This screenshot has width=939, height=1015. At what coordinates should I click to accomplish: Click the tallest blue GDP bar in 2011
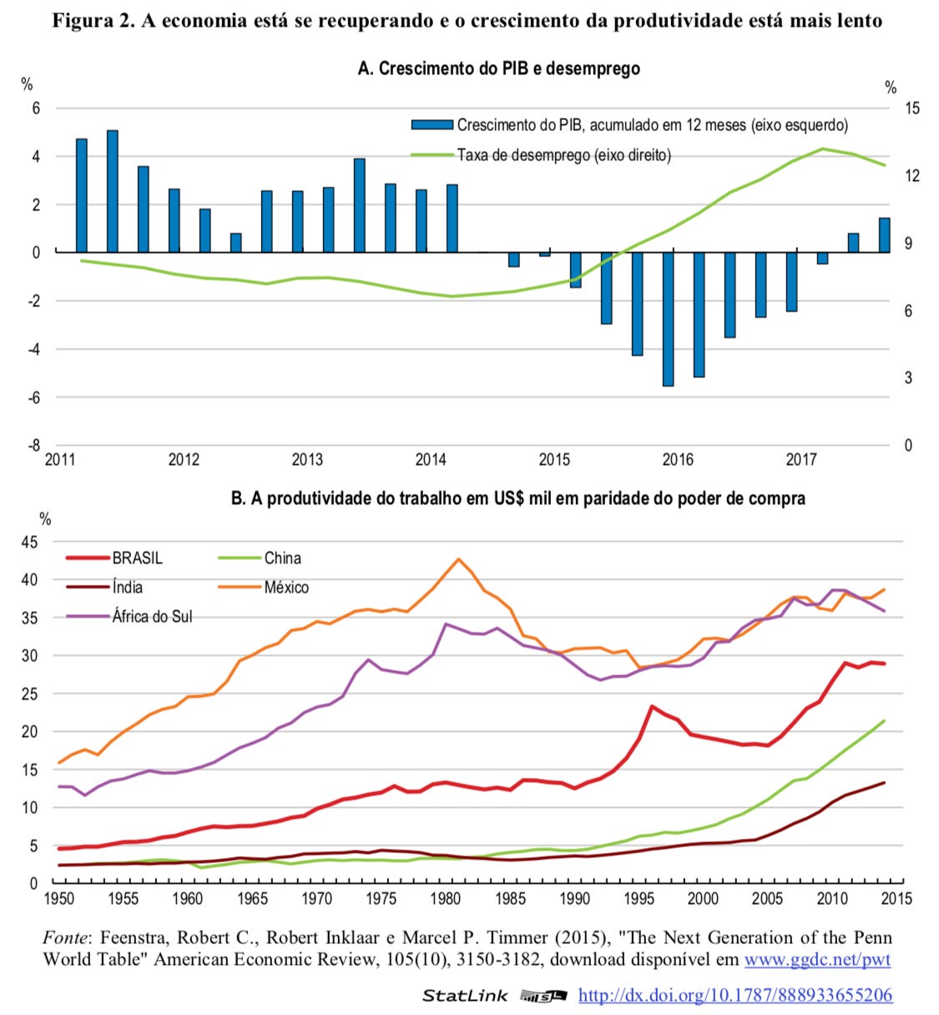(112, 191)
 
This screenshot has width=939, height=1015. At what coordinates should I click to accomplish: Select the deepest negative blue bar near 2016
(668, 319)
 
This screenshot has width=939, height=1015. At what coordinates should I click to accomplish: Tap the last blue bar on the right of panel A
(884, 235)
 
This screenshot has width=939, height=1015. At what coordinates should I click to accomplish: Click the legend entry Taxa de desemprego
(541, 155)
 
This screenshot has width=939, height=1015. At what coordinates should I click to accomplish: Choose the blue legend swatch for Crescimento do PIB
(432, 124)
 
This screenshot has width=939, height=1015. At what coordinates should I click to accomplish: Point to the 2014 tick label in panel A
(431, 460)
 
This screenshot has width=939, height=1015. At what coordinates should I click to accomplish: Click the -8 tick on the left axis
(33, 446)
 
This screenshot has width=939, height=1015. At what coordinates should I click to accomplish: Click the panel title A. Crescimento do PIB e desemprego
(498, 68)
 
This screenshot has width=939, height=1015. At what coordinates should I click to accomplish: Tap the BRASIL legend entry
(114, 558)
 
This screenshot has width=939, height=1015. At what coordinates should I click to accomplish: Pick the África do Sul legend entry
(129, 616)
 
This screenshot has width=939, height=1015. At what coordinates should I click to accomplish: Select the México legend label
(286, 588)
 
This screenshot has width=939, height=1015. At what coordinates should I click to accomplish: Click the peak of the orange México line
(458, 558)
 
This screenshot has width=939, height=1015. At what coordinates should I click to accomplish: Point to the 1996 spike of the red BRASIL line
(651, 706)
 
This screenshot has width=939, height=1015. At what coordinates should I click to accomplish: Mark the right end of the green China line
(884, 720)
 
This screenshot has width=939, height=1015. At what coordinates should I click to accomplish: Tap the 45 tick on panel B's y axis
(30, 542)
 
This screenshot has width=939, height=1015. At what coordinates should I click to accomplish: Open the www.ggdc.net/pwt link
(817, 959)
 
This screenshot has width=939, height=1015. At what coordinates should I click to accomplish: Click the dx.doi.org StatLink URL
(735, 995)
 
